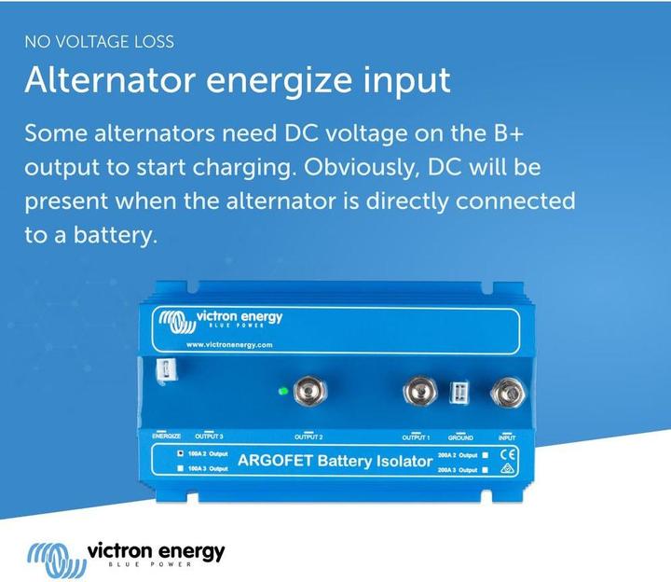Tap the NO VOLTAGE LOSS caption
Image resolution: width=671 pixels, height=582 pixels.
pyautogui.click(x=100, y=42)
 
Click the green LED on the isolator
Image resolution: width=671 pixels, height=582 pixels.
pyautogui.click(x=282, y=389)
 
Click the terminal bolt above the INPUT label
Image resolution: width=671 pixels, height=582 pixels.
pyautogui.click(x=506, y=392)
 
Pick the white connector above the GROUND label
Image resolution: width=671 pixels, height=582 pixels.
pyautogui.click(x=460, y=394)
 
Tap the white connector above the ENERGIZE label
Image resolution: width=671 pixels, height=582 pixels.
pyautogui.click(x=164, y=371)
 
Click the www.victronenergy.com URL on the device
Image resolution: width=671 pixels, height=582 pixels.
pyautogui.click(x=228, y=345)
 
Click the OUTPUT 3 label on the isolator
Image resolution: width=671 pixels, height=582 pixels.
pyautogui.click(x=209, y=436)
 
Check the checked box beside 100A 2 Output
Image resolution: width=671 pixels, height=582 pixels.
pyautogui.click(x=180, y=453)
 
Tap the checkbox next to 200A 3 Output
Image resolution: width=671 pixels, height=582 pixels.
pyautogui.click(x=485, y=470)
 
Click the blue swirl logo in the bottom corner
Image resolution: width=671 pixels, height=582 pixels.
pyautogui.click(x=54, y=557)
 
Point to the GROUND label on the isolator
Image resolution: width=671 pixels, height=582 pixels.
pyautogui.click(x=460, y=436)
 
